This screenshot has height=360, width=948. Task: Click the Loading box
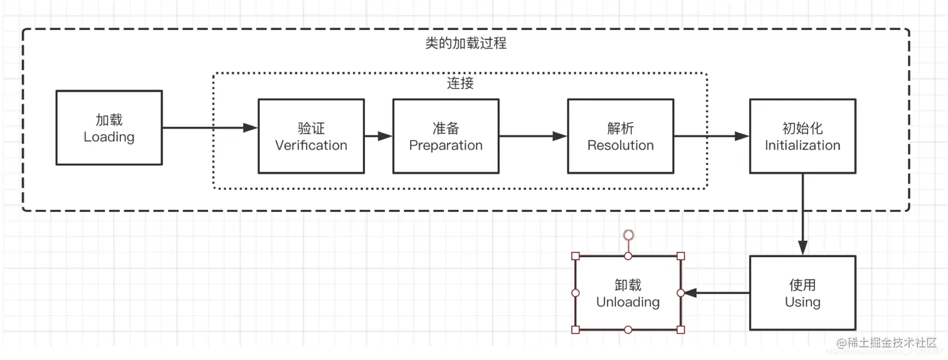tap(109, 128)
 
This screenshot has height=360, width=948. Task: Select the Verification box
tap(311, 136)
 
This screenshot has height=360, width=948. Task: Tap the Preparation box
tap(446, 136)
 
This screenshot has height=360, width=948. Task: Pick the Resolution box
tap(620, 136)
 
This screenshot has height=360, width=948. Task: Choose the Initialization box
tap(803, 136)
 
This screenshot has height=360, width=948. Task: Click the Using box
tap(803, 293)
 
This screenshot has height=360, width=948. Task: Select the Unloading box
tap(628, 293)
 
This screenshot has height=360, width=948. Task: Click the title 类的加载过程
tap(465, 43)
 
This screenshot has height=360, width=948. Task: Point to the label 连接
tap(460, 83)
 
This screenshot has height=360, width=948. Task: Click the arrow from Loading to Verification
tap(210, 128)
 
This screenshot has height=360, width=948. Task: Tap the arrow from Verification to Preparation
tap(378, 136)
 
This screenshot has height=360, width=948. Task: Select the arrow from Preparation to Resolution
tap(533, 136)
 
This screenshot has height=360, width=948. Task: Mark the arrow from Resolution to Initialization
tap(711, 136)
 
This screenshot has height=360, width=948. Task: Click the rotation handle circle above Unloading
tap(628, 235)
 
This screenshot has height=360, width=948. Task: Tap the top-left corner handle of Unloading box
tap(576, 256)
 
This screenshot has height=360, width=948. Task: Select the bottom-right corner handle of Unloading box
tap(681, 330)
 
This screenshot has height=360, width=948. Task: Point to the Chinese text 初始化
tap(803, 129)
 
